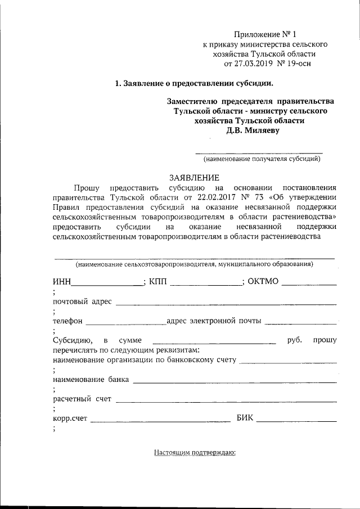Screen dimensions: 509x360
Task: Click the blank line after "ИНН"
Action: point(108,283)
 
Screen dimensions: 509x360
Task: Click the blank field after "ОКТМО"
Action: point(309,283)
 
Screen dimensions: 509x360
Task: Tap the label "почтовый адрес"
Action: point(83,302)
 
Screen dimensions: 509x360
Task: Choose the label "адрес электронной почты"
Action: point(214,321)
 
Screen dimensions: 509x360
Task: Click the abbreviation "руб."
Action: point(295,340)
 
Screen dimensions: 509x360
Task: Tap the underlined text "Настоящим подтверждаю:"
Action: point(194,452)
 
